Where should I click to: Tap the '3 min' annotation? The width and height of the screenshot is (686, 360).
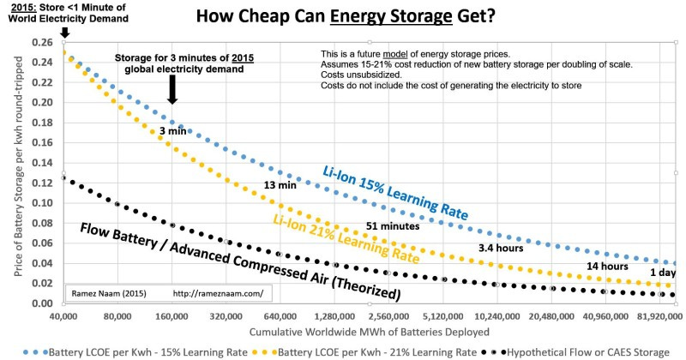[x=174, y=131]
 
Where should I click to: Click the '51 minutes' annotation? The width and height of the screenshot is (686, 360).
[x=393, y=226]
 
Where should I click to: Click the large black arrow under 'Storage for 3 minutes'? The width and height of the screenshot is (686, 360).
[x=172, y=87]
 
